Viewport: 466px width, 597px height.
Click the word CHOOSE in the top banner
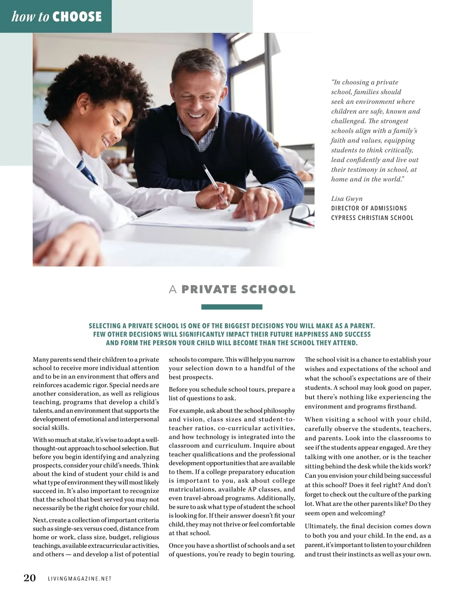click(x=77, y=17)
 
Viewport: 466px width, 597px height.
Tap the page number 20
click(x=30, y=578)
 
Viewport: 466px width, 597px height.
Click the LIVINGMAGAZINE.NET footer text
click(x=80, y=579)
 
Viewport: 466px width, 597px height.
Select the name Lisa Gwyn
click(x=347, y=199)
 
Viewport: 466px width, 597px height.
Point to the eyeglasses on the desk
click(x=302, y=214)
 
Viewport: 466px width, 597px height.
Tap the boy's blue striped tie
click(x=87, y=172)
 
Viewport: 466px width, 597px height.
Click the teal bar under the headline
click(x=232, y=307)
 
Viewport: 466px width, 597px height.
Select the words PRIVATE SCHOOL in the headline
click(x=238, y=290)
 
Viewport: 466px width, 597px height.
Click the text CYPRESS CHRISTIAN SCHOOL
click(x=372, y=218)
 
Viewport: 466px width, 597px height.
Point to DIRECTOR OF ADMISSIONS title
click(x=369, y=208)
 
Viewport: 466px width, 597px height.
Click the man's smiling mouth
click(x=194, y=115)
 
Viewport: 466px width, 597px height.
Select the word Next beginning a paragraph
click(x=40, y=520)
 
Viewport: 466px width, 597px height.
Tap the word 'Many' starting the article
click(x=41, y=360)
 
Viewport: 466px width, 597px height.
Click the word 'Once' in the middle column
click(x=176, y=546)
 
